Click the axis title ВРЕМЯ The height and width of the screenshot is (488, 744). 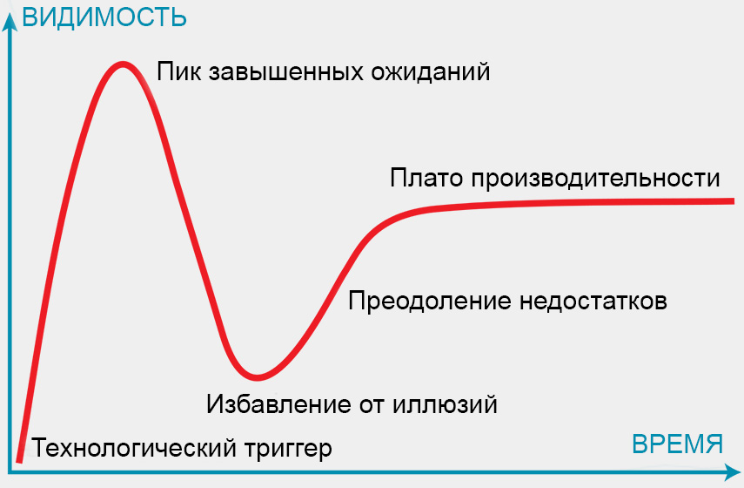point(678,444)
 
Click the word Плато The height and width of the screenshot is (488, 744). point(426,179)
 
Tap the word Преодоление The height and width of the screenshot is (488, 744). point(429,302)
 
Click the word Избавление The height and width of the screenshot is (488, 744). point(278,404)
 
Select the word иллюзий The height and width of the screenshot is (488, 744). point(445,403)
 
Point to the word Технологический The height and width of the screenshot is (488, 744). point(134,448)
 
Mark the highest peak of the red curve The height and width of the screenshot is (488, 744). point(123,64)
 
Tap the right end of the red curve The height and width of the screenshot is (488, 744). point(733,201)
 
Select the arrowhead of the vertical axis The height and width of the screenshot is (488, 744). point(10,23)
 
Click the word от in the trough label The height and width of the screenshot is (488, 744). point(372,405)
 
